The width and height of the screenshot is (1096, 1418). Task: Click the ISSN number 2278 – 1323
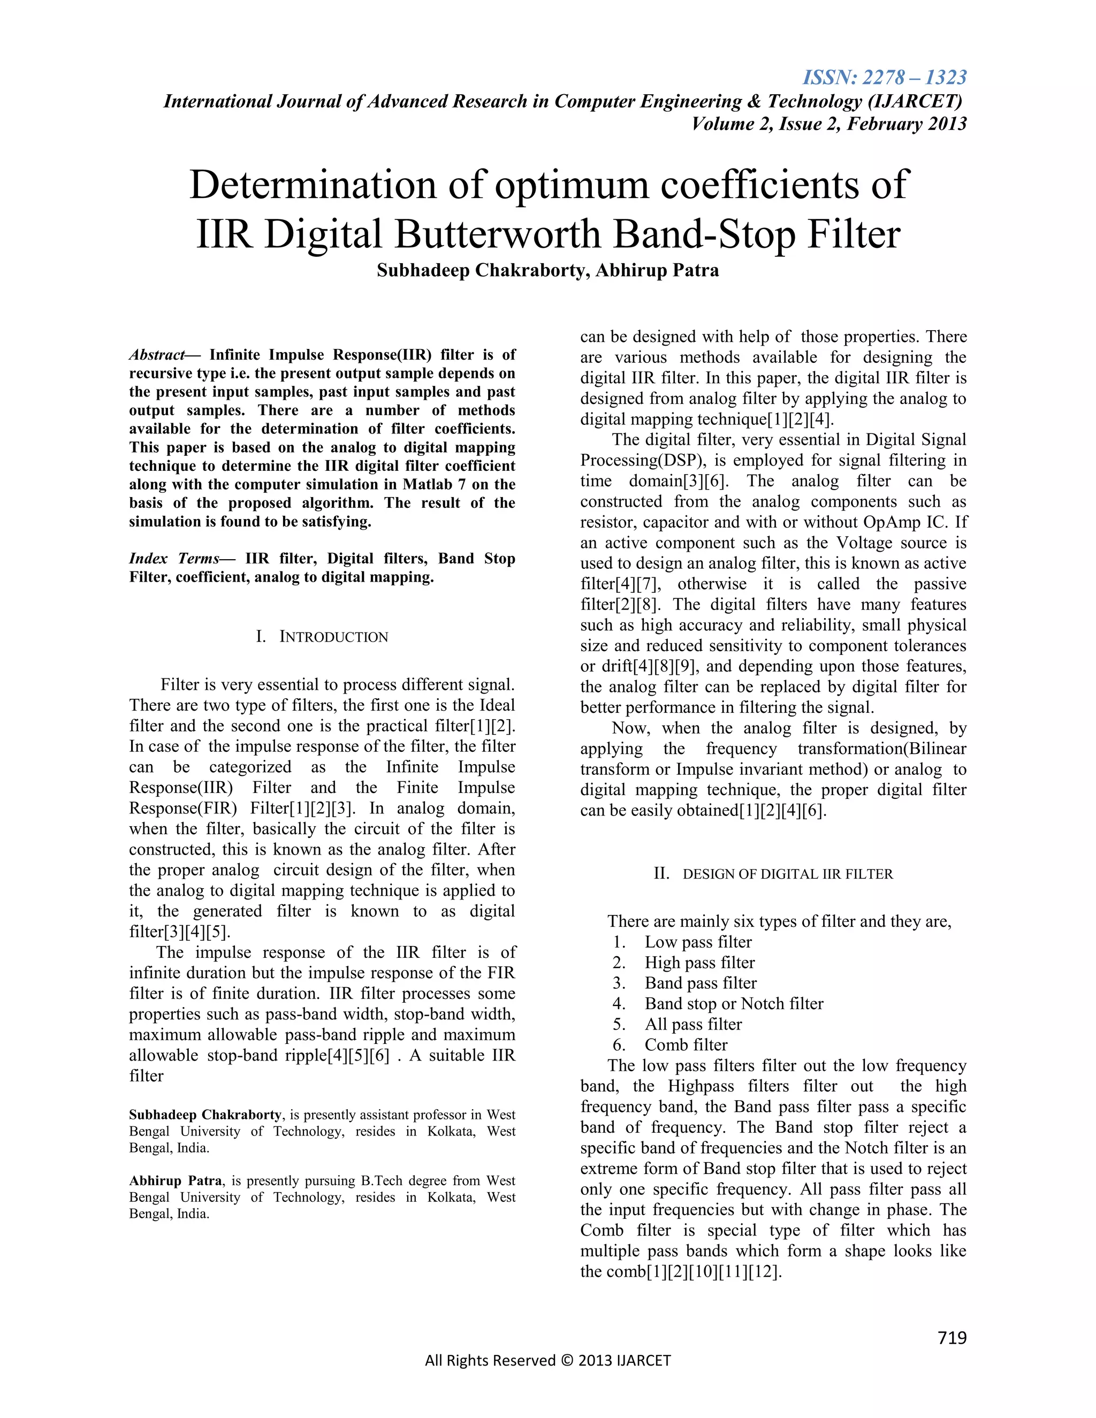coord(884,78)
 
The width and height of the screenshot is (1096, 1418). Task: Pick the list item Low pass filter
coord(698,942)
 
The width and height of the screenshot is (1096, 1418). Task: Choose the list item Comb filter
coord(686,1045)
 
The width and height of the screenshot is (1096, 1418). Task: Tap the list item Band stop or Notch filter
coord(734,1004)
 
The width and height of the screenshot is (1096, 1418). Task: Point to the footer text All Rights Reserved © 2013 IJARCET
coord(547,1360)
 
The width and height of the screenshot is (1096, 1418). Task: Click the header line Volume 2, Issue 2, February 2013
coord(828,124)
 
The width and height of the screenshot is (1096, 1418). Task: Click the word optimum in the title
coord(572,185)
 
